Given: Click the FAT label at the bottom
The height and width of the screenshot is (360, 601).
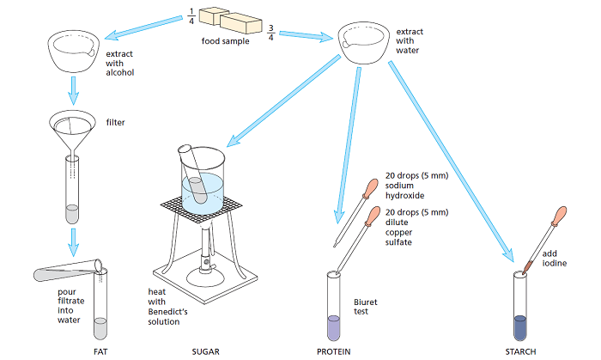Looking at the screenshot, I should click(100, 352).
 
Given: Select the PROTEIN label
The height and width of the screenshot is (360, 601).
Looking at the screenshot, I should click(334, 352).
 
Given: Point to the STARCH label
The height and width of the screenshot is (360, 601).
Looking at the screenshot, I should click(521, 352).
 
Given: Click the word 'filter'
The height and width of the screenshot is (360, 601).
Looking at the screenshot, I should click(115, 123).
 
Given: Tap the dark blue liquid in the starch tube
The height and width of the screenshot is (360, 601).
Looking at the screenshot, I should click(520, 327).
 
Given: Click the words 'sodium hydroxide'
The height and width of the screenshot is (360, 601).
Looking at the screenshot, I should click(405, 190).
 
